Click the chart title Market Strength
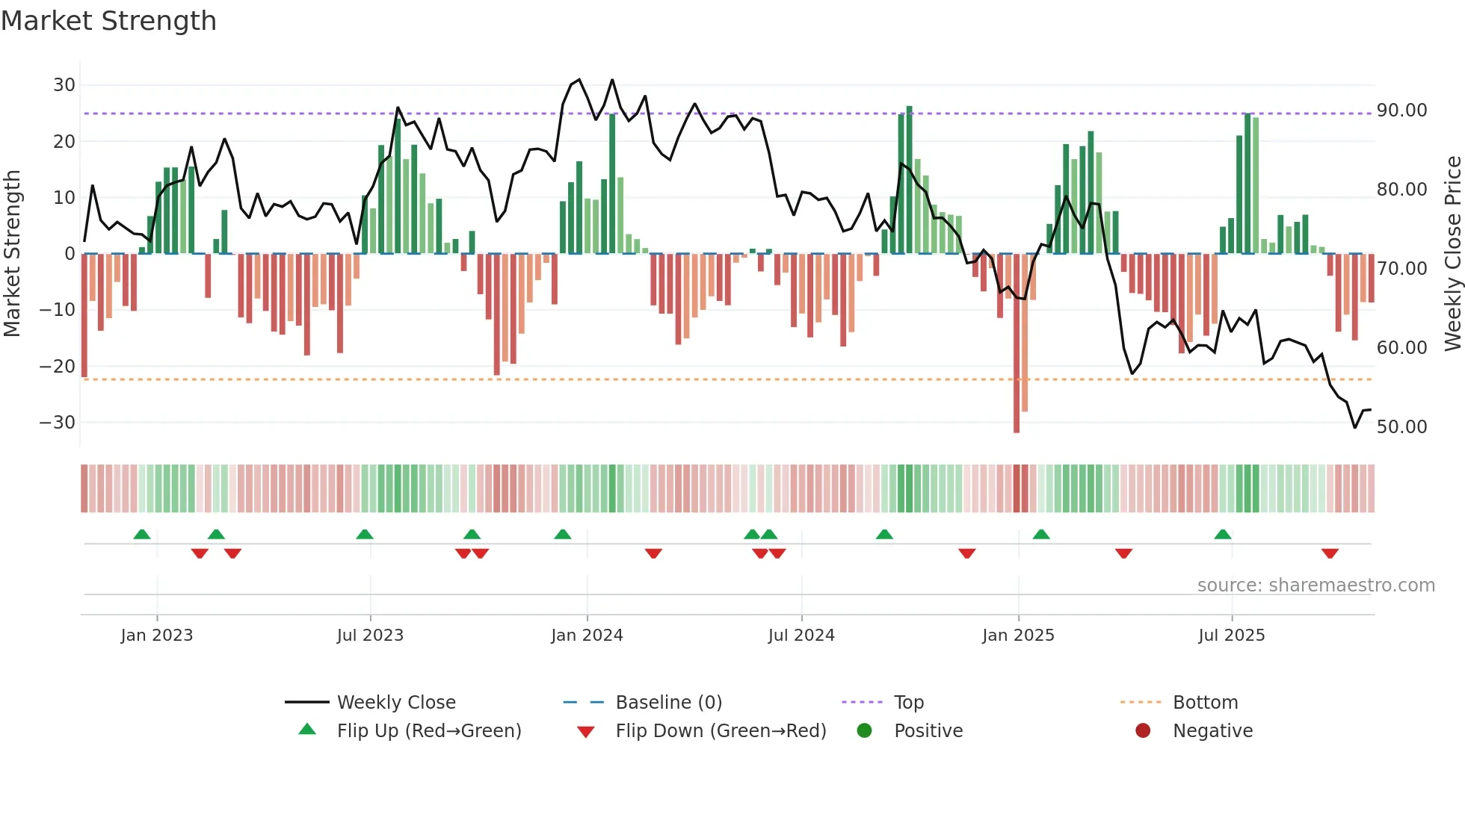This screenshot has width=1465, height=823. (108, 21)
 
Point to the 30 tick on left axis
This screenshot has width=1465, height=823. (64, 85)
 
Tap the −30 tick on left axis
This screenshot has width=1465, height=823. (58, 423)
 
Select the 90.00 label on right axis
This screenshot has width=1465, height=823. (1401, 111)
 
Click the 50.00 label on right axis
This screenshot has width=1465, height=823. (1401, 427)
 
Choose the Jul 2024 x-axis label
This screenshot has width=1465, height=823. (801, 636)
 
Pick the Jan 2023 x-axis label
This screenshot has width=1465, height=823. (156, 636)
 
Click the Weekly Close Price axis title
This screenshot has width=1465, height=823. (1452, 254)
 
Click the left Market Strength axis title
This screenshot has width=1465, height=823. (12, 254)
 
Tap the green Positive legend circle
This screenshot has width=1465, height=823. (864, 731)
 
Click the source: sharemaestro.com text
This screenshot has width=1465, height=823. (1316, 586)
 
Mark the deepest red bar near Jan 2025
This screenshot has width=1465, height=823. (1017, 344)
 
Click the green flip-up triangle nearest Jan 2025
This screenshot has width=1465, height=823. (1041, 534)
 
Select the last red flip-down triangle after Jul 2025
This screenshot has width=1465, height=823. (1330, 553)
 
